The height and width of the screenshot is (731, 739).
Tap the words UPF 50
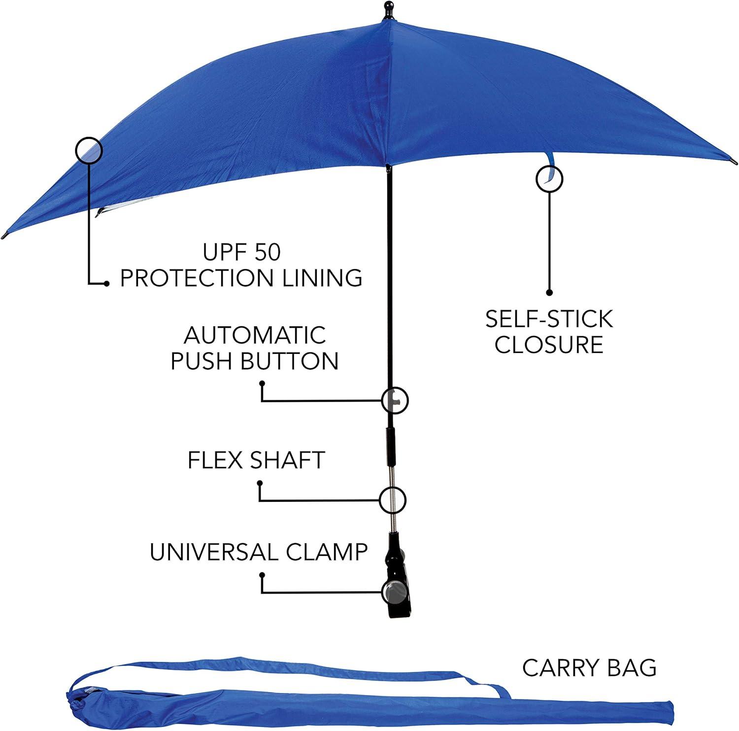(x=241, y=252)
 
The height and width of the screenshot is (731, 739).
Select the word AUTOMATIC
(x=255, y=335)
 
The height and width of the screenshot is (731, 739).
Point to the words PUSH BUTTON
(x=255, y=361)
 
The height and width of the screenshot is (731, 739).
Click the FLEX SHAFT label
(x=256, y=460)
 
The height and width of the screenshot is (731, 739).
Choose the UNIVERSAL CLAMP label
(x=259, y=552)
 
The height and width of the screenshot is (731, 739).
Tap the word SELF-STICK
(x=549, y=319)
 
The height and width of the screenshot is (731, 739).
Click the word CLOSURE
(x=549, y=345)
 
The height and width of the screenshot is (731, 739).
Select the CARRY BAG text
(x=589, y=668)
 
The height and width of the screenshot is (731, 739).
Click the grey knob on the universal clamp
(x=393, y=592)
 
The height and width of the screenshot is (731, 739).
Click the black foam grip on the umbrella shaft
(x=390, y=446)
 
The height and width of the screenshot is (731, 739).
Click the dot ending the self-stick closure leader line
(x=549, y=292)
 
